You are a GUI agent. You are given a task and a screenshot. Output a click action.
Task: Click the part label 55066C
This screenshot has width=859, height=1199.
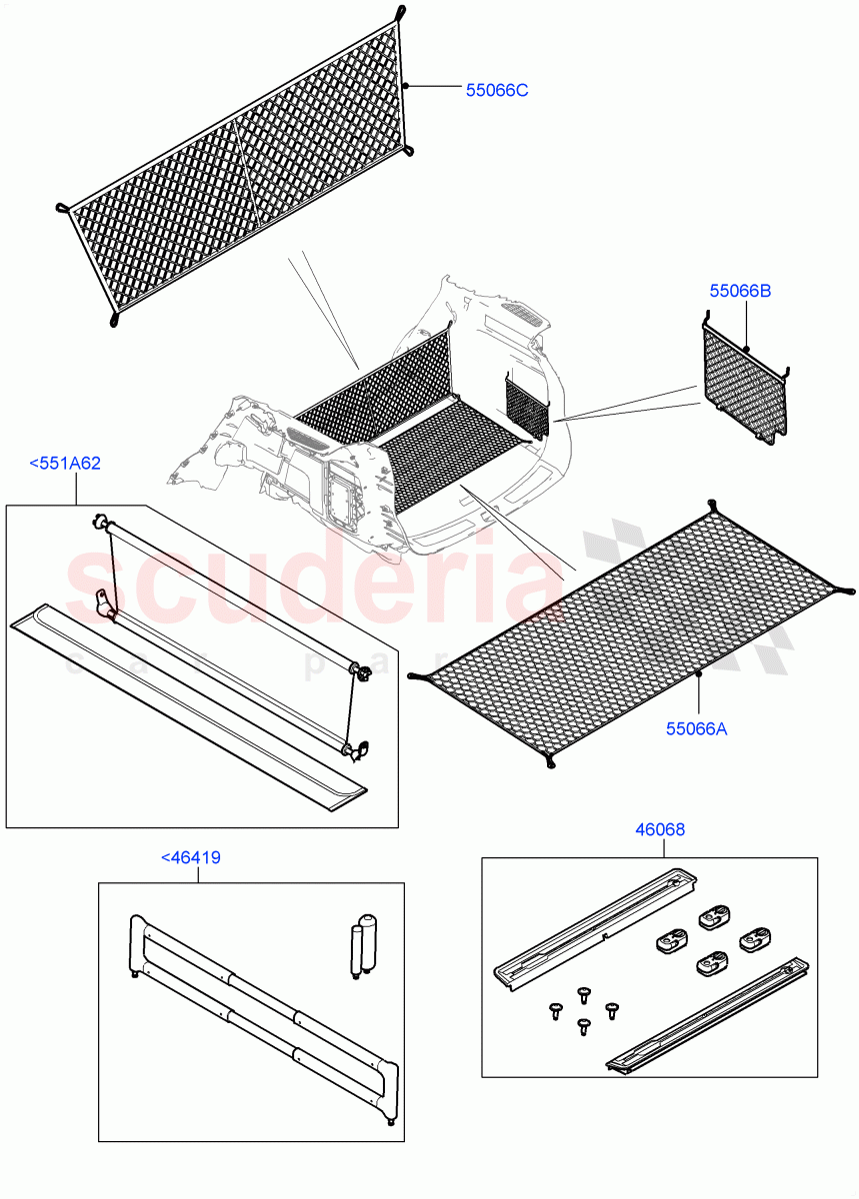(496, 90)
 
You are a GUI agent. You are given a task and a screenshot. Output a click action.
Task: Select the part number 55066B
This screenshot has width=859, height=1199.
(740, 292)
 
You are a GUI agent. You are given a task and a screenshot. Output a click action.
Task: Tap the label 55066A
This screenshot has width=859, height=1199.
(696, 728)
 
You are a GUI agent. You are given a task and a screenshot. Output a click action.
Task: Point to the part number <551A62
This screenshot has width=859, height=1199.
(65, 464)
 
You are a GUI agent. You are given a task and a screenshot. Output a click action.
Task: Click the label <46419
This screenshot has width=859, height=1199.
(191, 857)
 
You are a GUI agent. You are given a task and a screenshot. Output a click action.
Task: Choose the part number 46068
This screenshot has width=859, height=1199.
(660, 829)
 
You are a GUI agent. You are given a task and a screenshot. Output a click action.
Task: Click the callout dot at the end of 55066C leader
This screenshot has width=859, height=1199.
(407, 87)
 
